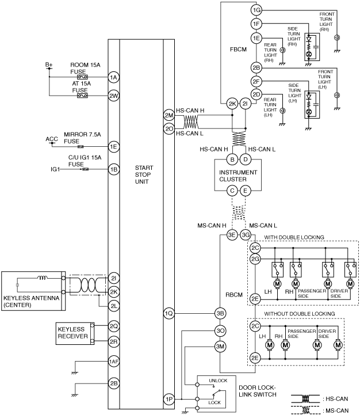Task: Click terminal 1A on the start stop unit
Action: tap(114, 77)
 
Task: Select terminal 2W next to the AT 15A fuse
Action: tap(114, 96)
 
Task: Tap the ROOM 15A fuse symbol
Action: tap(82, 77)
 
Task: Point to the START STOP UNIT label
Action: tap(144, 174)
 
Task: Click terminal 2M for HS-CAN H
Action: tap(169, 115)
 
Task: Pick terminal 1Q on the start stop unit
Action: tap(169, 313)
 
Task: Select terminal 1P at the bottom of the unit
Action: tap(169, 399)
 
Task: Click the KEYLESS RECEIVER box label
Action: tap(72, 333)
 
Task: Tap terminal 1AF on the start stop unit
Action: tap(114, 362)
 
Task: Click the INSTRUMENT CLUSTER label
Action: tap(238, 176)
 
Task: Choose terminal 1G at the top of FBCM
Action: tap(256, 10)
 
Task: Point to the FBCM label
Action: tap(238, 50)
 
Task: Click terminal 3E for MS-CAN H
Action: tap(232, 235)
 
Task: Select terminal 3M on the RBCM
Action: tap(220, 346)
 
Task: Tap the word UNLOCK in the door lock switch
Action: tap(218, 381)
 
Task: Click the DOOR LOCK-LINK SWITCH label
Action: tap(258, 391)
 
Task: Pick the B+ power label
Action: tap(49, 64)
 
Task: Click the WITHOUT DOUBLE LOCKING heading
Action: tap(299, 313)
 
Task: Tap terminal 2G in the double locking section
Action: tap(255, 259)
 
